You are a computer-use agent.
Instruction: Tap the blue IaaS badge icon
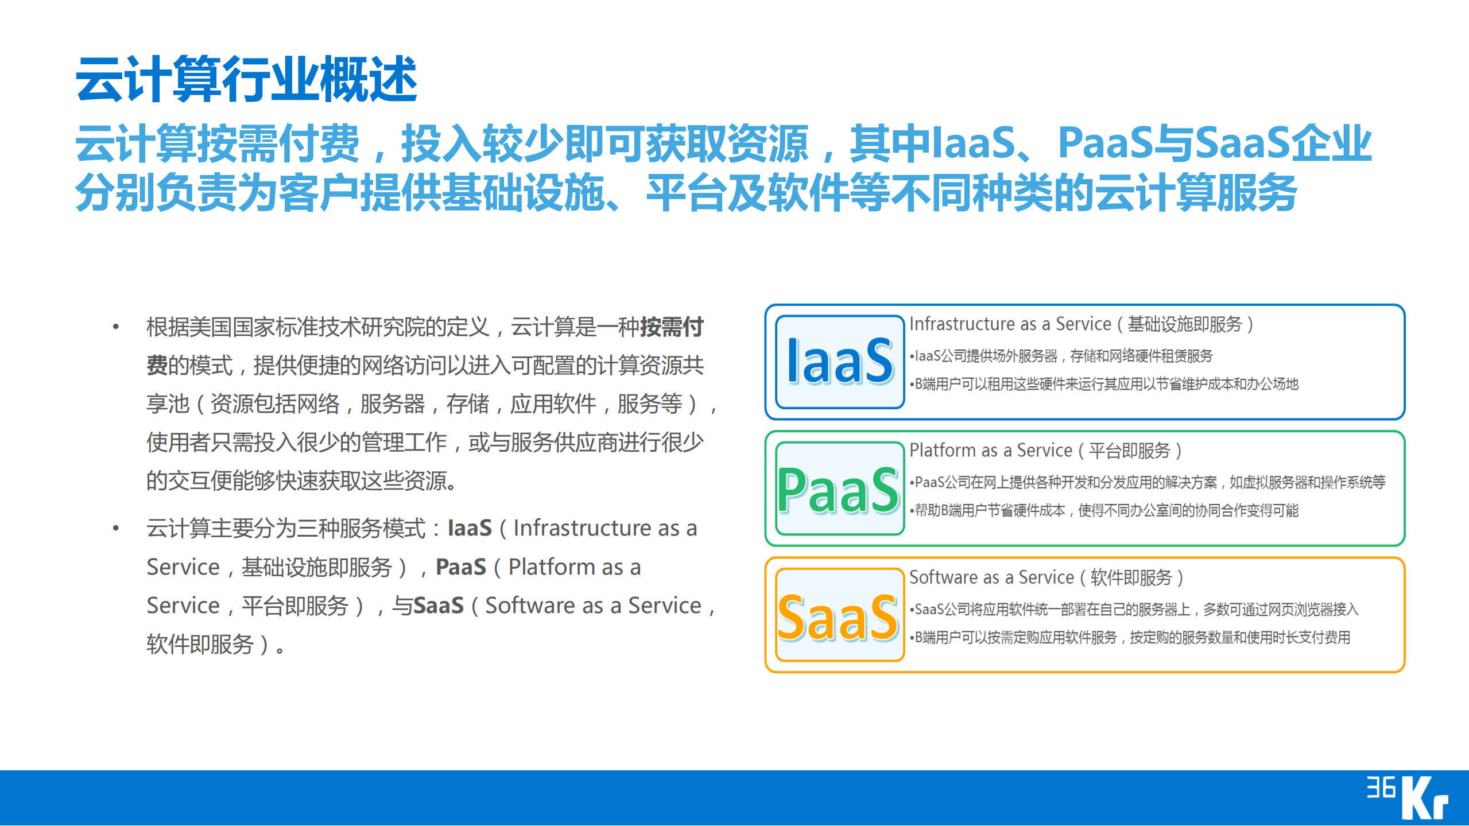pos(839,362)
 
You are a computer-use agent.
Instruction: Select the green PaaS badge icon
pos(839,488)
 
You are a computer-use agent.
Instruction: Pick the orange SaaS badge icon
pos(839,615)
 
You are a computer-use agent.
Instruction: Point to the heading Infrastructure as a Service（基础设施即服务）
pos(1081,324)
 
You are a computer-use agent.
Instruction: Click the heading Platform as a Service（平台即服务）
pos(1045,451)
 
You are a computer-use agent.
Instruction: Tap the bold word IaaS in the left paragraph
pos(470,528)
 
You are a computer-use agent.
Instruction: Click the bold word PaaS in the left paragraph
pos(461,567)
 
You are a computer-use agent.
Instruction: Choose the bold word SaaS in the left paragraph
pos(439,606)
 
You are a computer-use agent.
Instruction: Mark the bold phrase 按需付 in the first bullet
pos(672,327)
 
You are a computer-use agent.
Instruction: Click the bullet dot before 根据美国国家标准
pos(116,327)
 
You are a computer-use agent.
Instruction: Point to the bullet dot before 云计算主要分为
pos(116,528)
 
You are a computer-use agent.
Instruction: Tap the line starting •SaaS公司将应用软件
pos(1134,610)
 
